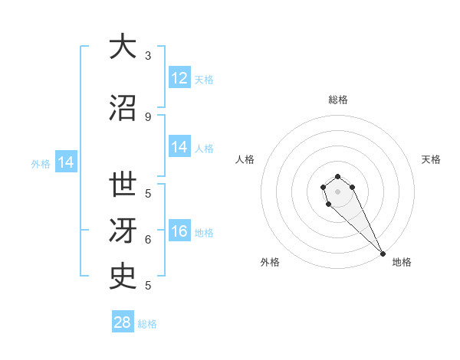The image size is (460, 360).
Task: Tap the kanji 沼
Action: pos(123,107)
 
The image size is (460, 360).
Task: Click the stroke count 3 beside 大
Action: pos(148,56)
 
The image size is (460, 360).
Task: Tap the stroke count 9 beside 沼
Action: pos(148,116)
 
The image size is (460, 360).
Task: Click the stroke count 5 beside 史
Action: pos(148,286)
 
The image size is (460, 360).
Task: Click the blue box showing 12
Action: pos(179,78)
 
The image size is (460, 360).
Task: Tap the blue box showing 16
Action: pos(179,232)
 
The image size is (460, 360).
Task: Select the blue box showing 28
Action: pos(123,322)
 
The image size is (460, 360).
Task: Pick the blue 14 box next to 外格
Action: pos(65,162)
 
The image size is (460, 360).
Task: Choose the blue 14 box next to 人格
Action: pos(179,147)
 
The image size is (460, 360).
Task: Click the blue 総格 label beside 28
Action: pos(147,324)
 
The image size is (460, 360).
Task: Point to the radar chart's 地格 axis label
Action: pos(402,262)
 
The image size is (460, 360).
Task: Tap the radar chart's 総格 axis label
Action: pos(337,100)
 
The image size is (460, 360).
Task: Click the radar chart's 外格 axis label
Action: pos(270,262)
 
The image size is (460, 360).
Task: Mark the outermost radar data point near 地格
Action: pos(383,254)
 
